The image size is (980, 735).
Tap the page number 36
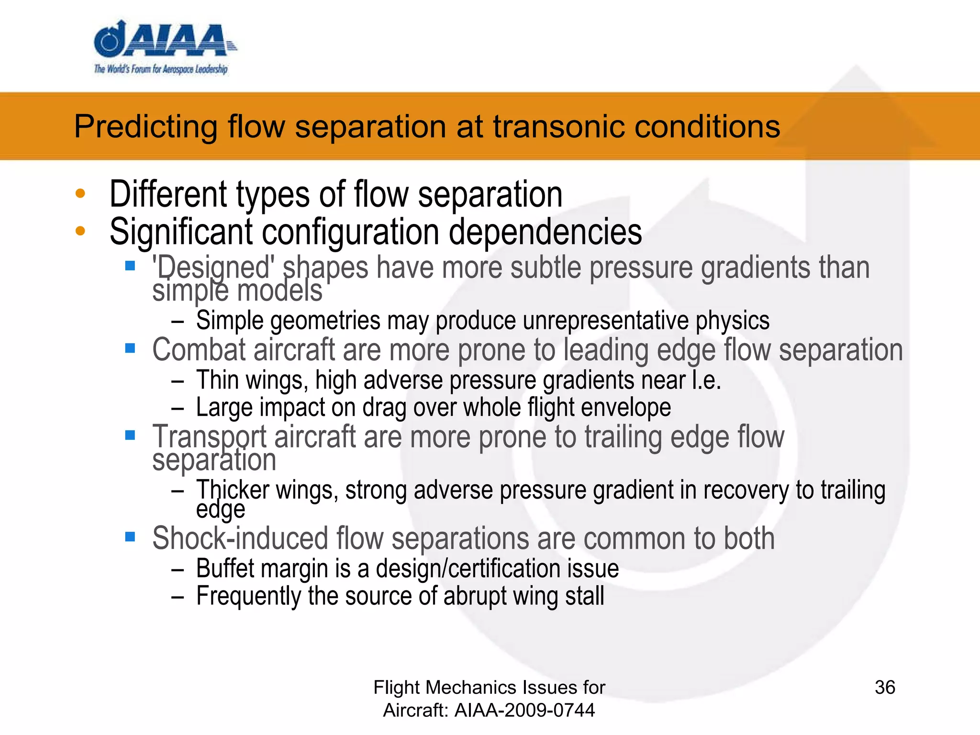[885, 688]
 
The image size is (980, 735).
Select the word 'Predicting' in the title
[146, 127]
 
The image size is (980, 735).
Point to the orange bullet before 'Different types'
[80, 194]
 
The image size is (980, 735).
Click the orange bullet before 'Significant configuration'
[80, 231]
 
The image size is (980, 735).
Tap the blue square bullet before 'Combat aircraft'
[130, 348]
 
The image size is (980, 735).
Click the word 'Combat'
[199, 350]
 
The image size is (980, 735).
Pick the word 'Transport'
[210, 437]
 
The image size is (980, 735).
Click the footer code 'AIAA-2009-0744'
[524, 710]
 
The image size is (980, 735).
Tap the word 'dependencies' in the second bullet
[545, 232]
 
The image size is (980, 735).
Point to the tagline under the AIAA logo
[161, 69]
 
